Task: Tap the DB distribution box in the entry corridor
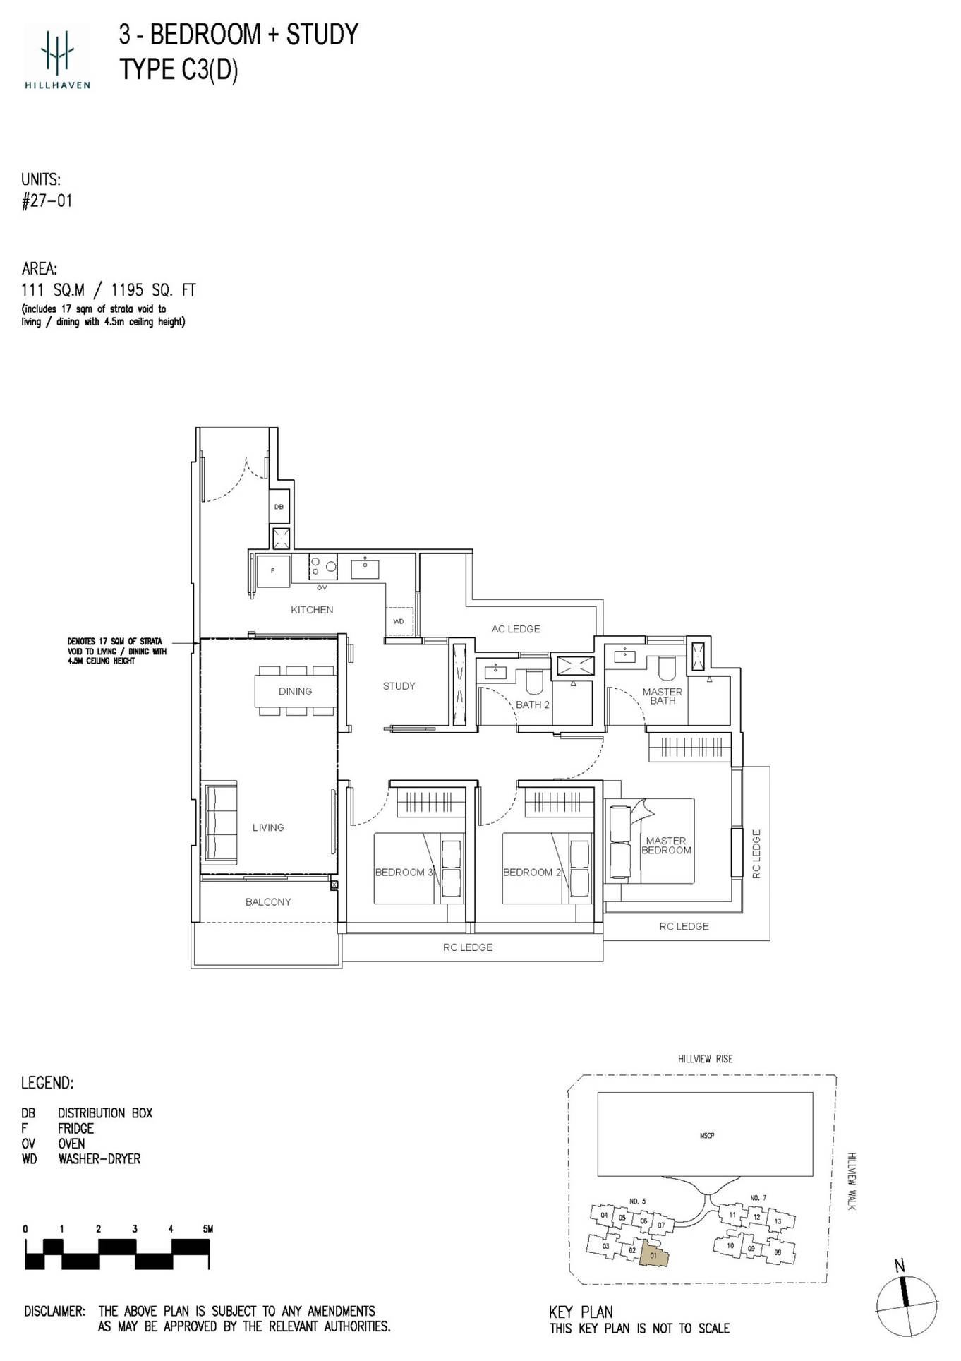[x=279, y=507]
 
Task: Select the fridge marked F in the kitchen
[x=273, y=570]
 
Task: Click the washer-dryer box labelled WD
[x=399, y=621]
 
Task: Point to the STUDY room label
[x=399, y=686]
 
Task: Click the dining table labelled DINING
[x=295, y=691]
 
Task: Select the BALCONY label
[x=268, y=902]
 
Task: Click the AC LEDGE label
[x=516, y=629]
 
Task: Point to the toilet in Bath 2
[x=534, y=681]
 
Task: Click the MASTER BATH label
[x=663, y=696]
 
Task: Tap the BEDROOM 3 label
[x=404, y=873]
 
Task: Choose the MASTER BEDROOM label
[x=666, y=846]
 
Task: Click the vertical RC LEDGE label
[x=756, y=854]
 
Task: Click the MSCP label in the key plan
[x=706, y=1136]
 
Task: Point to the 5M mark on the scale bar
[x=207, y=1229]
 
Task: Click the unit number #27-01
[x=47, y=201]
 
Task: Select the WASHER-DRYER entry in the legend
[x=99, y=1159]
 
